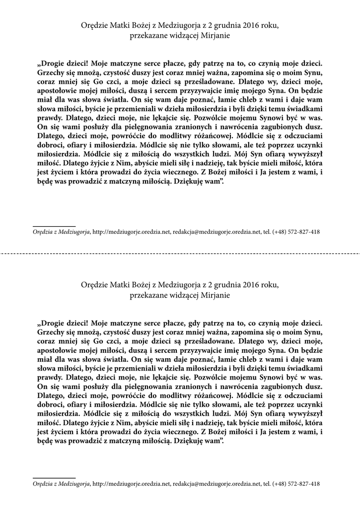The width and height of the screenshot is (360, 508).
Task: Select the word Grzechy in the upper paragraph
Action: (50, 71)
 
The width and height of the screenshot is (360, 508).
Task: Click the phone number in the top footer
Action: (296, 232)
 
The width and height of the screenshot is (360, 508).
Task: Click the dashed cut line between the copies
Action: (180, 252)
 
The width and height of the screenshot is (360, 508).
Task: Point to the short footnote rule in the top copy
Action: (54, 226)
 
